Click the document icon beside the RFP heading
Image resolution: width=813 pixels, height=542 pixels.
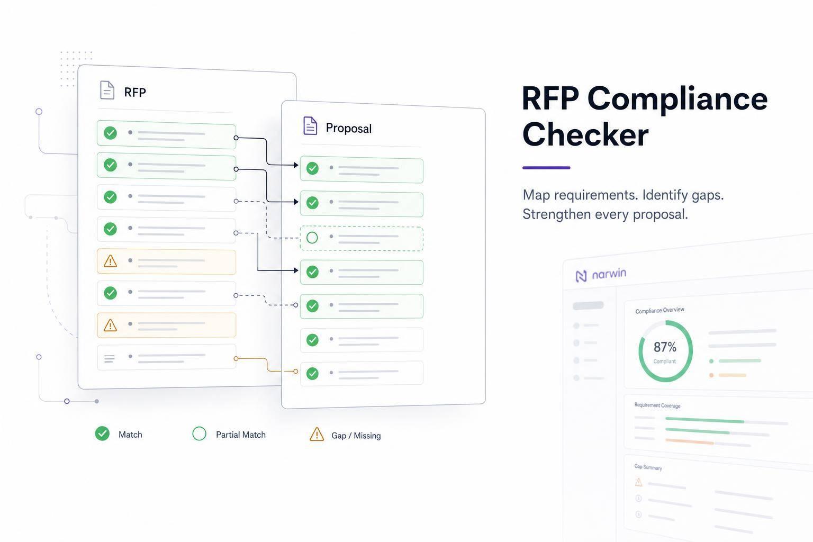pos(107,90)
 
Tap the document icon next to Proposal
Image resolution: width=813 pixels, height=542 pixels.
pos(310,125)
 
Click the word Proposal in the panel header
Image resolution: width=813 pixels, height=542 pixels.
pos(348,128)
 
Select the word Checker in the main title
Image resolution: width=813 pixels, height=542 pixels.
pos(585,134)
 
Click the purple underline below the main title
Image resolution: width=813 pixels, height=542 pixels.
pos(546,168)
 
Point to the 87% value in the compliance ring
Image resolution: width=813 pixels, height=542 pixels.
pos(665,347)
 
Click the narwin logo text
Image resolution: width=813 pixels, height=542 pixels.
pos(609,274)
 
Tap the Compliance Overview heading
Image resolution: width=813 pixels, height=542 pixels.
pos(660,310)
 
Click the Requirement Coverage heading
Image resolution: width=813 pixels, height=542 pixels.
pos(657,405)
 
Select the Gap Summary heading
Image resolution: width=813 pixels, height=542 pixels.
pos(648,467)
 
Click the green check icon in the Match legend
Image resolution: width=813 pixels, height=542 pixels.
pos(102,433)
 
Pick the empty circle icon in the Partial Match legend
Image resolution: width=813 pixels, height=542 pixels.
pos(199,433)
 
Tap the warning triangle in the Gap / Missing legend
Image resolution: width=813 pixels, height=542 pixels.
pos(317,434)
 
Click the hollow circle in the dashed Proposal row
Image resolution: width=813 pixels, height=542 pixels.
pos(312,238)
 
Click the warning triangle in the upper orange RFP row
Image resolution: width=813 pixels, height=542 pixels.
pos(110,261)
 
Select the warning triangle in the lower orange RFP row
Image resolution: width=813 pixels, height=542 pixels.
pos(110,325)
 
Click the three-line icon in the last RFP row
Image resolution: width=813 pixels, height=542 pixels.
pos(109,359)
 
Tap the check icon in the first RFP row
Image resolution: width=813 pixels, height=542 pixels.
pos(110,133)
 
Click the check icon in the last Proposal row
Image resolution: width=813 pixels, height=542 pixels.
pos(312,374)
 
